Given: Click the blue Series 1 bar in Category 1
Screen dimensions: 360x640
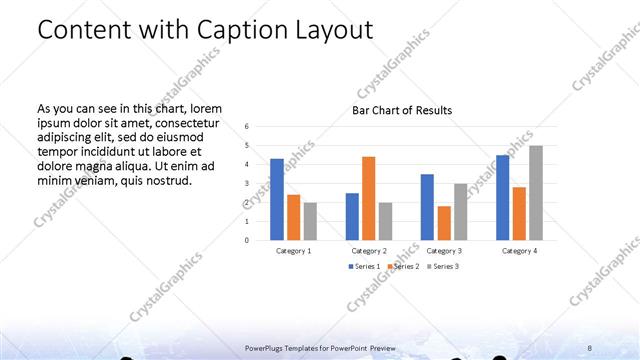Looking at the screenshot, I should point(277,199).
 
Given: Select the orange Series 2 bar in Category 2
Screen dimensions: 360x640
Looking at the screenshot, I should point(368,198).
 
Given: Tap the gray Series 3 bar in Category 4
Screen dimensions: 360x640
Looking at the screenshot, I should point(536,193).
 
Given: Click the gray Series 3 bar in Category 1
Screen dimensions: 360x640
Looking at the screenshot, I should point(310,221).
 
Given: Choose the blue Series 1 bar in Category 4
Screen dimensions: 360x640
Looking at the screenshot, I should point(503,197).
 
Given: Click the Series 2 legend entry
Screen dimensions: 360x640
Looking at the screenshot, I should point(401,266).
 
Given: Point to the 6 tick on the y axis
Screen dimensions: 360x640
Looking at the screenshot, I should point(247,126).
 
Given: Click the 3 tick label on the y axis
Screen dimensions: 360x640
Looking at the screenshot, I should point(247,183).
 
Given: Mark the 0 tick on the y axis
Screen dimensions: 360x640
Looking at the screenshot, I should point(247,240).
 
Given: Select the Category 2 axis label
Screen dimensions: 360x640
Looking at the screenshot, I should point(368,250).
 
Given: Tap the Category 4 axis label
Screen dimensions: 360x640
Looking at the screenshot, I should point(519,250).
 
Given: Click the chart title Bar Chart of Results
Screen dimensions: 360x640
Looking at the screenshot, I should point(402,110).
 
